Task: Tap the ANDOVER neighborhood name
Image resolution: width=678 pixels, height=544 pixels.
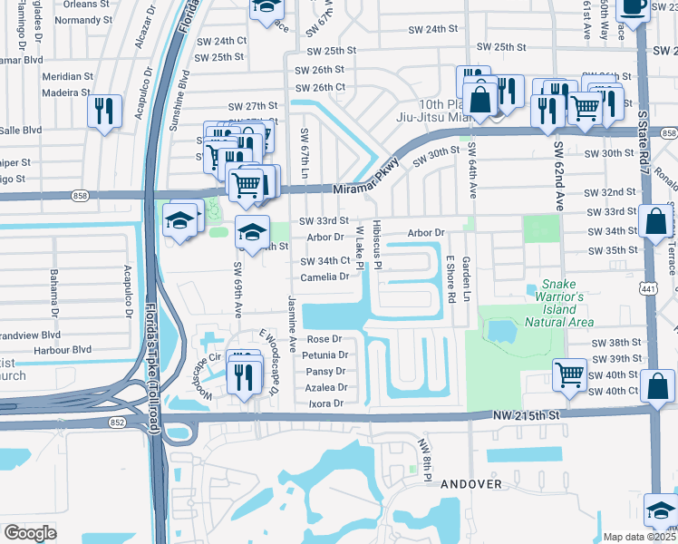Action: tap(471, 484)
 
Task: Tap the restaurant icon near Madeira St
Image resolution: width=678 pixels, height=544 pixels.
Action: tap(104, 111)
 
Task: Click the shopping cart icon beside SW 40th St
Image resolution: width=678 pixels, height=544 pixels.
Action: tap(570, 373)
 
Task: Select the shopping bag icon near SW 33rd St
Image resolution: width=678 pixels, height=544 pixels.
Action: tap(654, 220)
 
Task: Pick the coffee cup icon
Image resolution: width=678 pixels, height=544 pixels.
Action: tap(632, 7)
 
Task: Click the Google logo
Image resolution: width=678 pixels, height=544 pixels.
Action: tap(30, 532)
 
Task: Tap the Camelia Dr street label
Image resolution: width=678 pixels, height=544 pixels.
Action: tap(325, 277)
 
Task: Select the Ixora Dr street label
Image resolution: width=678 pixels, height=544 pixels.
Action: tap(326, 403)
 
